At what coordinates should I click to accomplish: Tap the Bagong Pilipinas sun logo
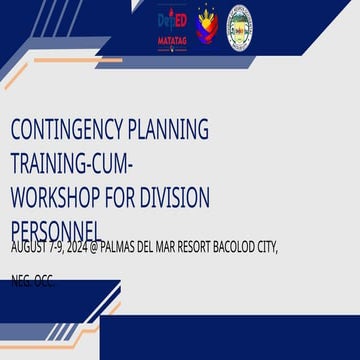tap(206, 24)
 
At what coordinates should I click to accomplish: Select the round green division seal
tap(240, 25)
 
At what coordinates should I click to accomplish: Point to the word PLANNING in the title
tap(172, 130)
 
